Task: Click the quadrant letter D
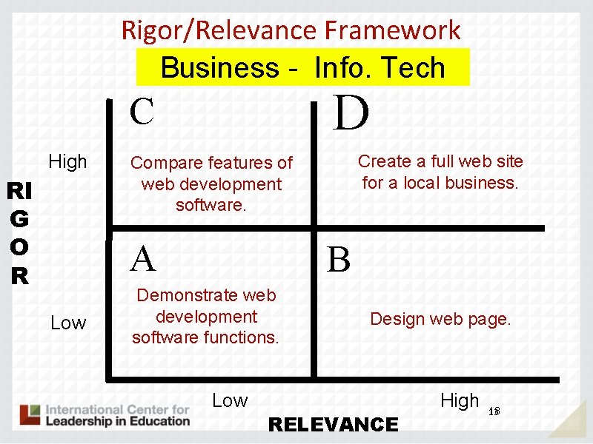click(351, 113)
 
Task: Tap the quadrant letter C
click(142, 112)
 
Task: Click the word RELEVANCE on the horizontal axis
click(333, 424)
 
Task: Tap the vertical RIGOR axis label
click(19, 234)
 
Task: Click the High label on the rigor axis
click(67, 161)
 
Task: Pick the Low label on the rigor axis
click(68, 323)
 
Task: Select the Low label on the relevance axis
click(230, 400)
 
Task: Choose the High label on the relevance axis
click(460, 400)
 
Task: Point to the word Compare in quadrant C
click(165, 163)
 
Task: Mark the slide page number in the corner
click(495, 411)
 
